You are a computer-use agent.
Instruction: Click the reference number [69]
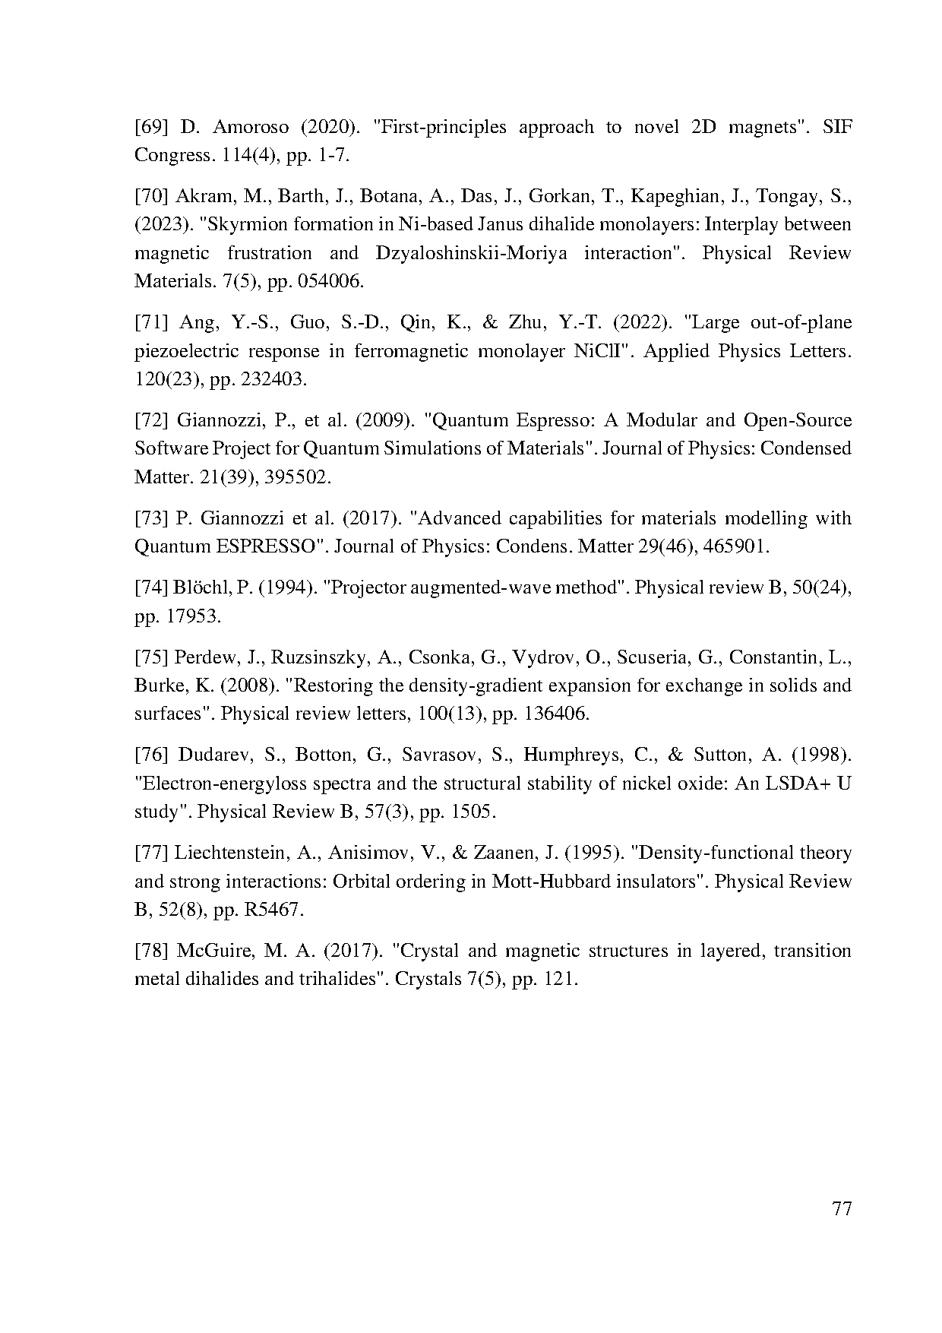tap(152, 127)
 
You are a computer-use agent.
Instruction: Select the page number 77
tap(842, 1208)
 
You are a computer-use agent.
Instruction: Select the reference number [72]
tap(152, 420)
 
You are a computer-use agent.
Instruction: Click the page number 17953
tap(192, 616)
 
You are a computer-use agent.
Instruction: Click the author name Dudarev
tap(215, 755)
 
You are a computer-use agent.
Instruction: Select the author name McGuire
tap(215, 951)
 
